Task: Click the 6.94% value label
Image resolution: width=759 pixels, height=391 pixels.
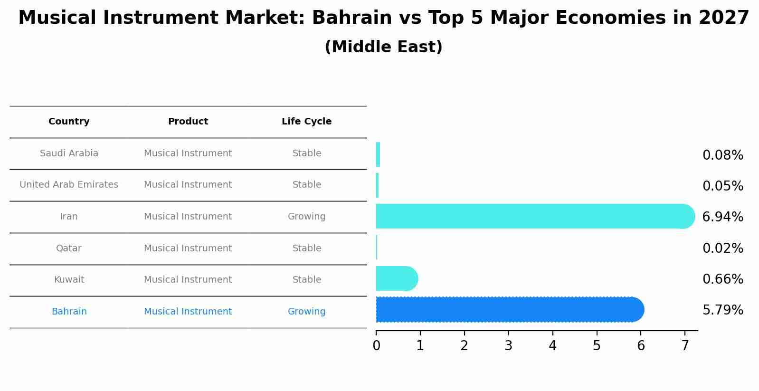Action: (722, 217)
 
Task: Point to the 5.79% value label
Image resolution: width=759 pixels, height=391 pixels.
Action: (722, 310)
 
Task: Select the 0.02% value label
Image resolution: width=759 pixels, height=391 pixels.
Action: (722, 248)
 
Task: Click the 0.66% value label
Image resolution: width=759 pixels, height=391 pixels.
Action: (722, 279)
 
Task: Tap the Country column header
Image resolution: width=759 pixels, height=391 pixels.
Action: (69, 122)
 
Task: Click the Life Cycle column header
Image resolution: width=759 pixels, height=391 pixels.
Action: (306, 122)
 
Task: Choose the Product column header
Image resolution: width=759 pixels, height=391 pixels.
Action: (188, 122)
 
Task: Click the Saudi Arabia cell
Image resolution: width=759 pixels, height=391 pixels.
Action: (69, 153)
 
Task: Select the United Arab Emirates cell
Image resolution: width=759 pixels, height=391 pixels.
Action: (69, 185)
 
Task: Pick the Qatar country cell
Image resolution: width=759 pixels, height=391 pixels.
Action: (69, 248)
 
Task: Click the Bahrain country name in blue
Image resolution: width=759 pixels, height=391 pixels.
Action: (69, 312)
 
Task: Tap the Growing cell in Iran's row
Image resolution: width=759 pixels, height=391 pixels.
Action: (306, 217)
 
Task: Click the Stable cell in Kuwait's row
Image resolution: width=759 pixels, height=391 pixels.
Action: (306, 280)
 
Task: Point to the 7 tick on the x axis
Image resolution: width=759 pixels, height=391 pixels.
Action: (685, 346)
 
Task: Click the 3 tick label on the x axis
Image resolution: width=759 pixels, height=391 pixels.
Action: (508, 346)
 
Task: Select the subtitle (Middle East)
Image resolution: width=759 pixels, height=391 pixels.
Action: (383, 47)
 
